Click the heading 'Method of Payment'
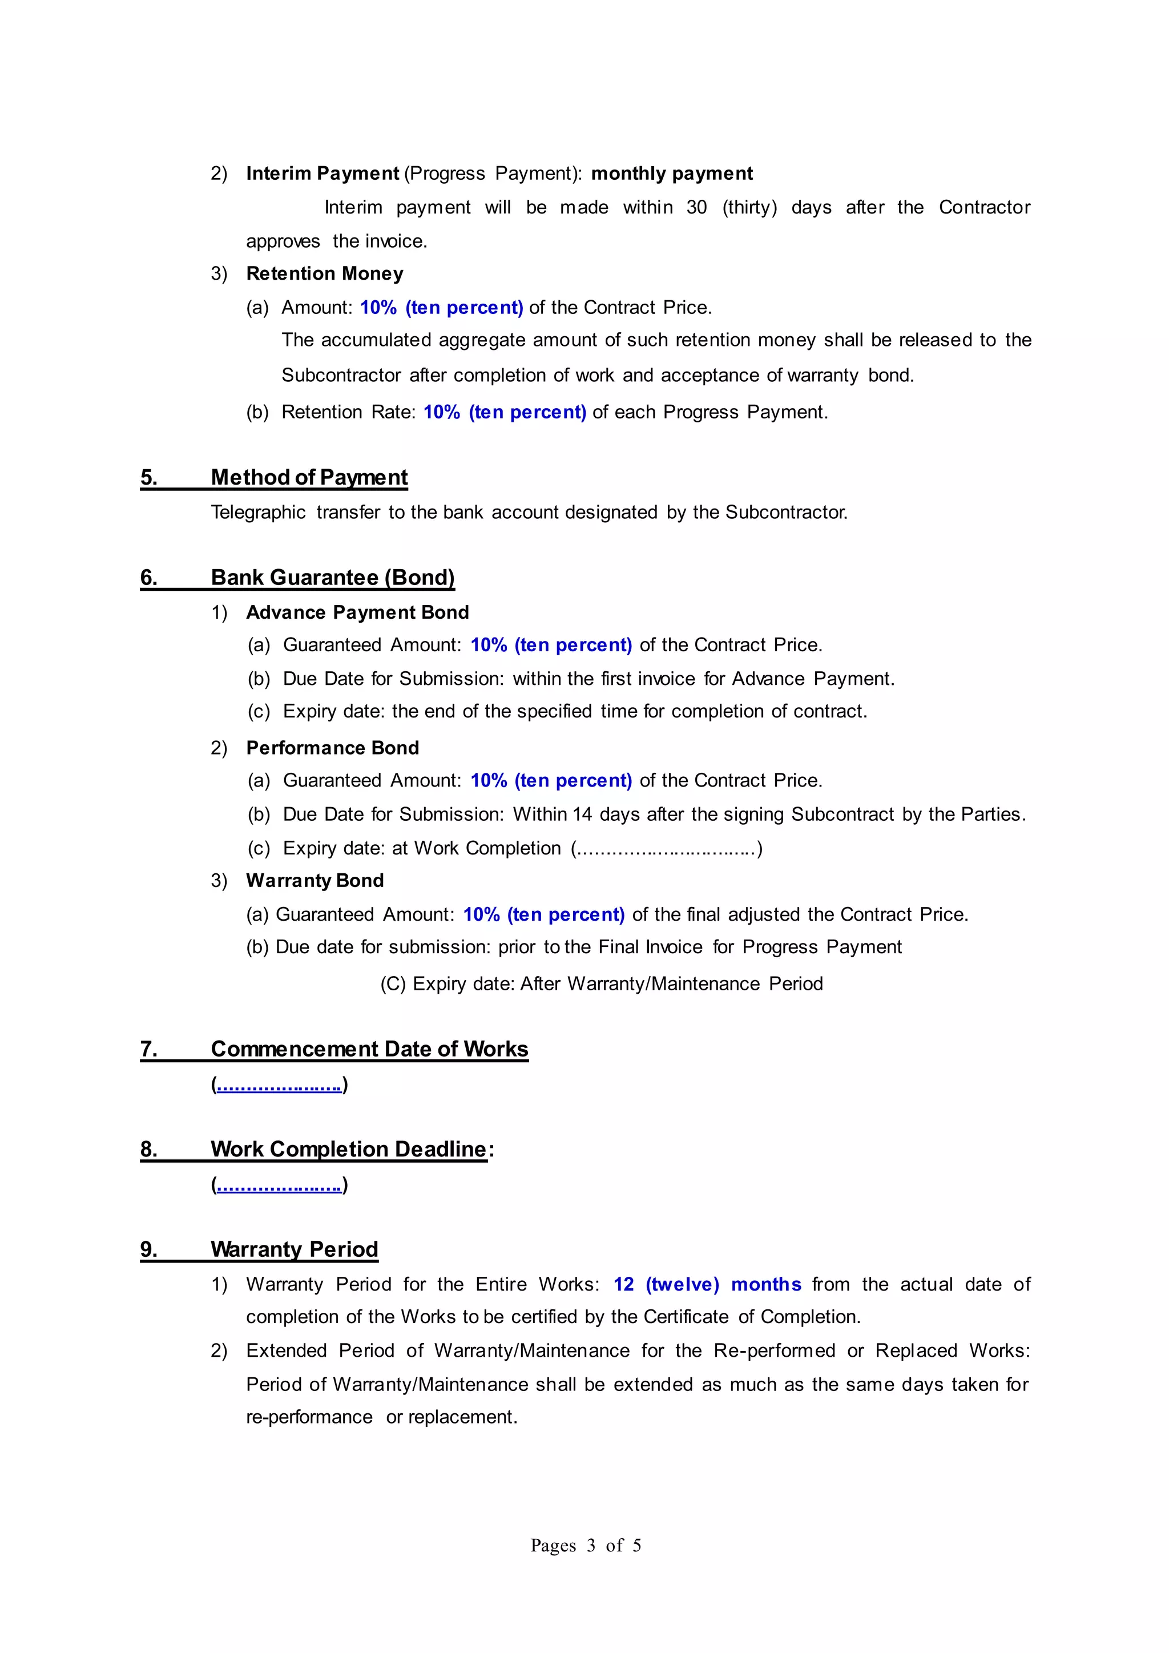pyautogui.click(x=309, y=477)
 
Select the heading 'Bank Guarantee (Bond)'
pyautogui.click(x=333, y=578)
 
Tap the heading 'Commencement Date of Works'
pyautogui.click(x=369, y=1049)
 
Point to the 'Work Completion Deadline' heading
pyautogui.click(x=348, y=1149)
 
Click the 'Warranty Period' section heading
pyautogui.click(x=295, y=1249)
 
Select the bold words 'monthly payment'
pyautogui.click(x=672, y=174)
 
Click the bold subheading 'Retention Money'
pyautogui.click(x=325, y=273)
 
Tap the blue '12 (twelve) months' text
pyautogui.click(x=707, y=1284)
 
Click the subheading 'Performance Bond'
pyautogui.click(x=333, y=748)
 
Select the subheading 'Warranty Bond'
pyautogui.click(x=315, y=881)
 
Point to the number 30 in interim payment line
pyautogui.click(x=696, y=207)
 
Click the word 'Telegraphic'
pyautogui.click(x=257, y=513)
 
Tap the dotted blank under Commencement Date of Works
pyautogui.click(x=279, y=1085)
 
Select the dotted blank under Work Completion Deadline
pyautogui.click(x=279, y=1185)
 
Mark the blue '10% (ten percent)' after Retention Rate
pyautogui.click(x=505, y=413)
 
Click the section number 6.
pyautogui.click(x=148, y=578)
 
